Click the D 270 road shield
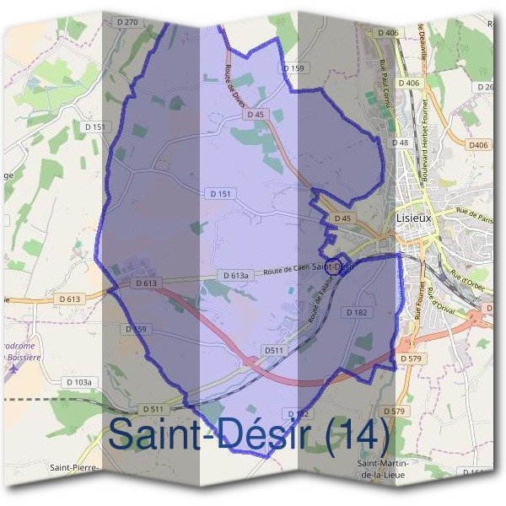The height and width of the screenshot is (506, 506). pyautogui.click(x=127, y=21)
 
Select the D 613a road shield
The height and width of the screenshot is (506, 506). pyautogui.click(x=237, y=276)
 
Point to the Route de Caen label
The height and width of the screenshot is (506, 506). pyautogui.click(x=285, y=270)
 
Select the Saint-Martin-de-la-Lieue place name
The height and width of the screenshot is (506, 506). pyautogui.click(x=384, y=470)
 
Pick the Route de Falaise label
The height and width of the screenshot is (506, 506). pyautogui.click(x=320, y=306)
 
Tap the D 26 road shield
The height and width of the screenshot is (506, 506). pyautogui.click(x=485, y=87)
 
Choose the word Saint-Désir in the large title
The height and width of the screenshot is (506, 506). pyautogui.click(x=215, y=434)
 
